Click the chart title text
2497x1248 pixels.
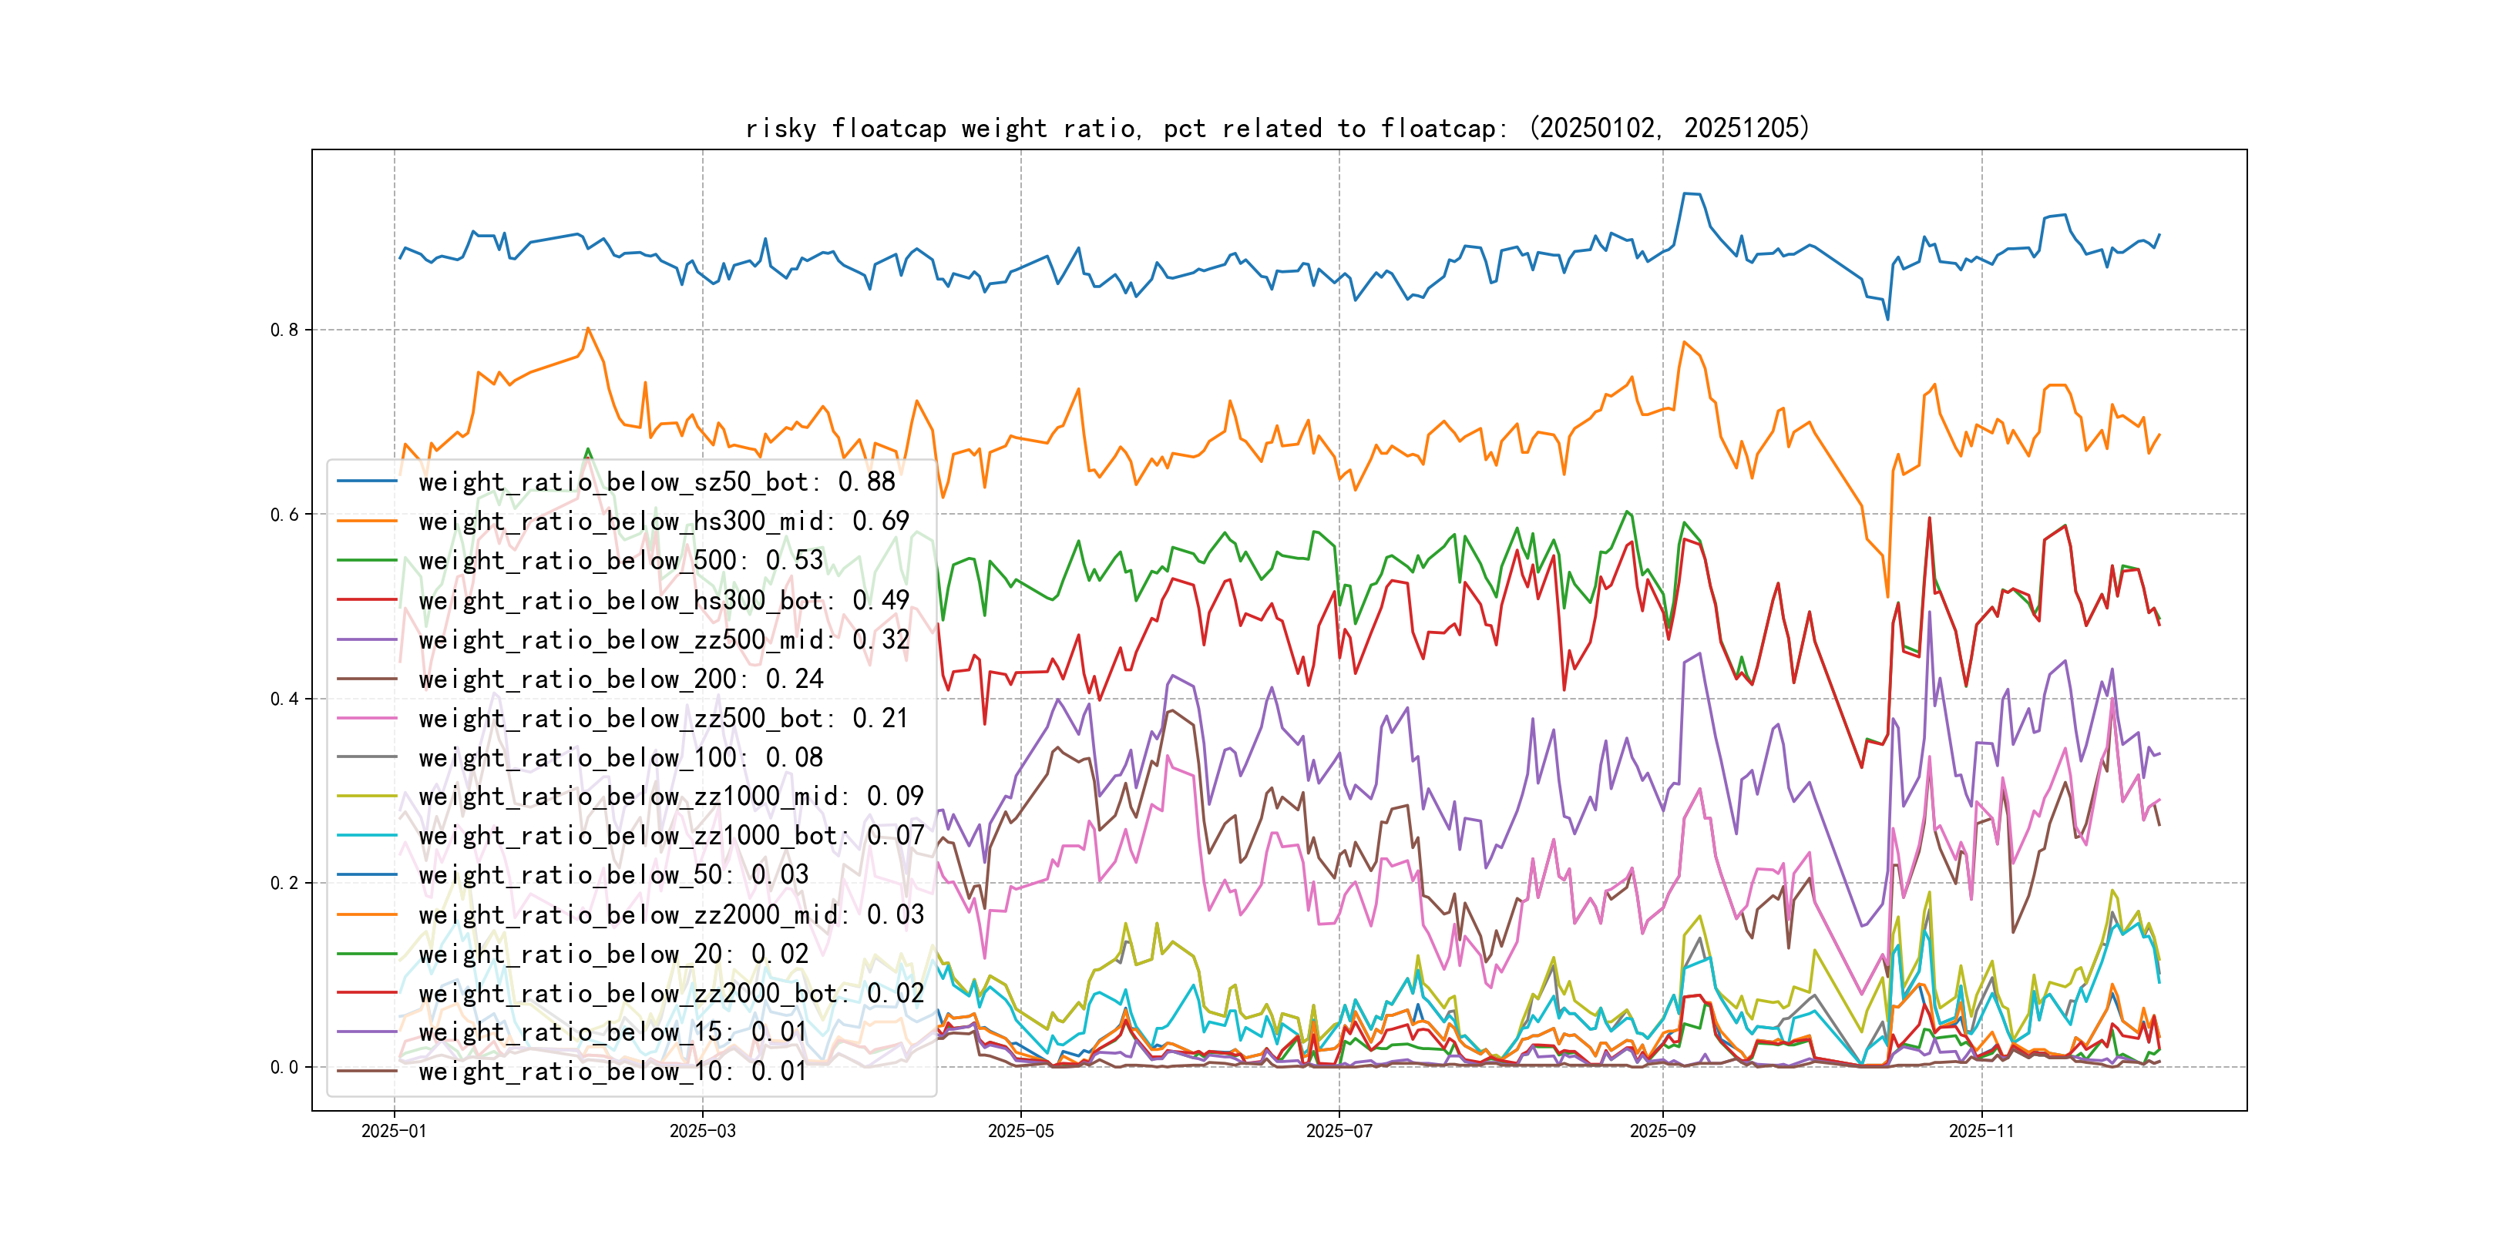pyautogui.click(x=1276, y=129)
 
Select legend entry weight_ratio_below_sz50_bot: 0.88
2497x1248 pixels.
pyautogui.click(x=657, y=481)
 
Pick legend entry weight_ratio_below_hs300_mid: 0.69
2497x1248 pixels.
pyautogui.click(x=663, y=522)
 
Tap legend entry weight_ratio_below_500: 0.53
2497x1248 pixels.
pyautogui.click(x=620, y=560)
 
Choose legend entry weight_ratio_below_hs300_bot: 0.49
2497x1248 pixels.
pyautogui.click(x=663, y=600)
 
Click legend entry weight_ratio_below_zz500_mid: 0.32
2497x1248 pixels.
pyautogui.click(x=663, y=639)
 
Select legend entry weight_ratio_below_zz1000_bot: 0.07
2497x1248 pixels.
pyautogui.click(x=670, y=835)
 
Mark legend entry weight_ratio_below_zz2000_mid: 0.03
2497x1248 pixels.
pyautogui.click(x=670, y=914)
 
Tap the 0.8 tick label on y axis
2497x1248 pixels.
pyautogui.click(x=284, y=330)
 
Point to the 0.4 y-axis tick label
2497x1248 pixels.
pyautogui.click(x=284, y=699)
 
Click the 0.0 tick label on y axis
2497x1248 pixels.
pyautogui.click(x=284, y=1068)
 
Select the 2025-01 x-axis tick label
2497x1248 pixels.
pyautogui.click(x=394, y=1132)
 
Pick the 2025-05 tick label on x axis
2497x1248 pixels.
pyautogui.click(x=1020, y=1132)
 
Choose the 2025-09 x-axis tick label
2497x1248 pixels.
pyautogui.click(x=1662, y=1132)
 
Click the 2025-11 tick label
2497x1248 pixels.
pyautogui.click(x=1981, y=1132)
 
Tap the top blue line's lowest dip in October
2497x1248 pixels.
pyautogui.click(x=1887, y=319)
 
